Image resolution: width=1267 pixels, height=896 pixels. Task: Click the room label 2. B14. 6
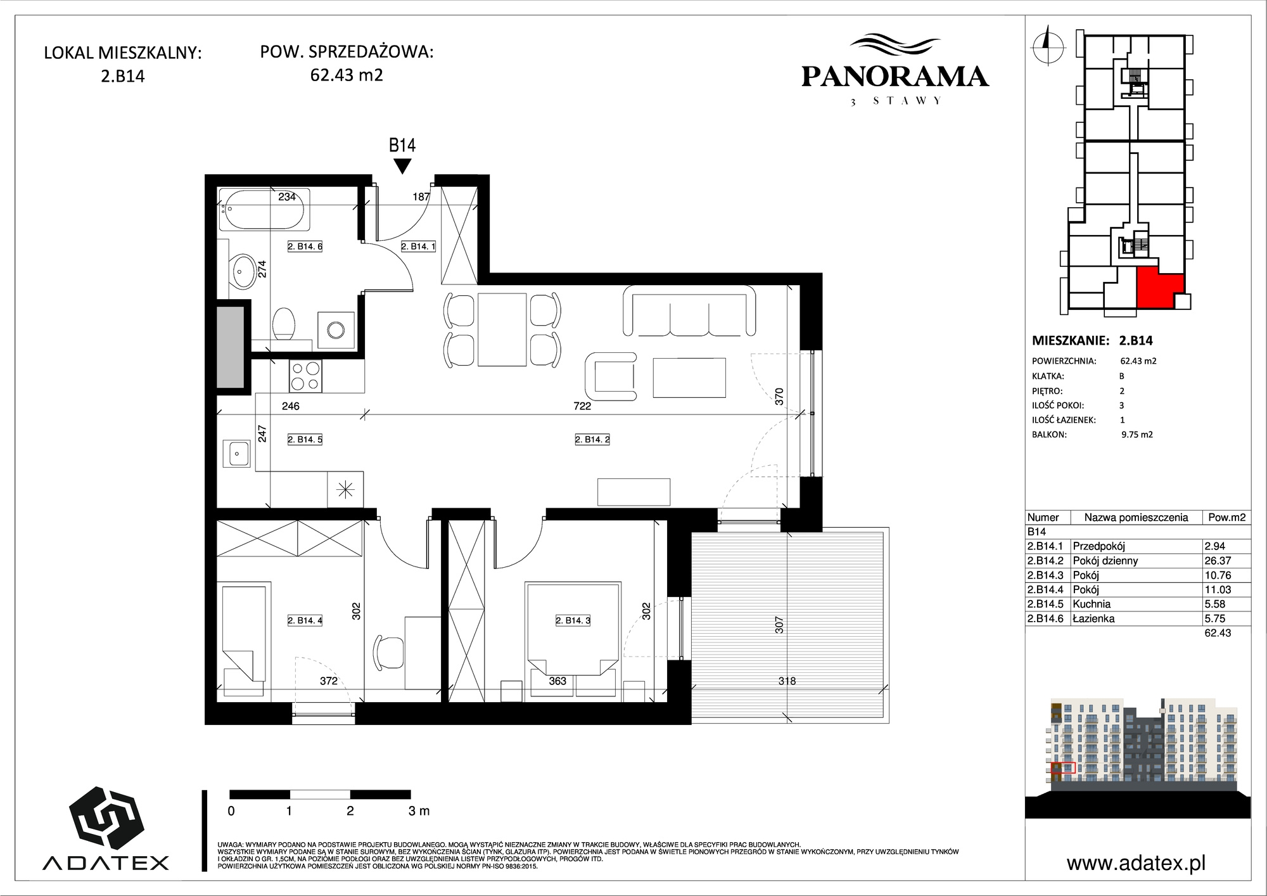pyautogui.click(x=305, y=246)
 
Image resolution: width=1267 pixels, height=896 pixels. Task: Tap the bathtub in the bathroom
pyautogui.click(x=264, y=209)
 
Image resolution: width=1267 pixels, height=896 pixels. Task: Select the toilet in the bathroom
pyautogui.click(x=284, y=324)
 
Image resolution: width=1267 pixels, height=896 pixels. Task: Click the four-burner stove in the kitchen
pyautogui.click(x=305, y=375)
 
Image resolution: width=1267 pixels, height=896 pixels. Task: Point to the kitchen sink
pyautogui.click(x=236, y=453)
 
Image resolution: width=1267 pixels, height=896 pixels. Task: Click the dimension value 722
pyautogui.click(x=582, y=406)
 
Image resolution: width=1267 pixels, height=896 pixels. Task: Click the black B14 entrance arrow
pyautogui.click(x=402, y=167)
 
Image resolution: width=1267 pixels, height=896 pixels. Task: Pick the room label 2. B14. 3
pyautogui.click(x=573, y=620)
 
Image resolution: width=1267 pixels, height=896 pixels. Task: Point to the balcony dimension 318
pyautogui.click(x=787, y=681)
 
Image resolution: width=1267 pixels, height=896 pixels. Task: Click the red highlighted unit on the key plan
pyautogui.click(x=1157, y=288)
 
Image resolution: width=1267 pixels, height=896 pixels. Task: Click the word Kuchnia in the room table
pyautogui.click(x=1092, y=604)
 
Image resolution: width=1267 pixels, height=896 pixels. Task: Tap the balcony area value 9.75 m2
pyautogui.click(x=1136, y=435)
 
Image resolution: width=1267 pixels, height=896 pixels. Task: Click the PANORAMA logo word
pyautogui.click(x=895, y=77)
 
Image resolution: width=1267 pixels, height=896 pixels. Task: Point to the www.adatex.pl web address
pyautogui.click(x=1136, y=863)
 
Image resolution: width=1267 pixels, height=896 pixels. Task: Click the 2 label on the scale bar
pyautogui.click(x=350, y=810)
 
